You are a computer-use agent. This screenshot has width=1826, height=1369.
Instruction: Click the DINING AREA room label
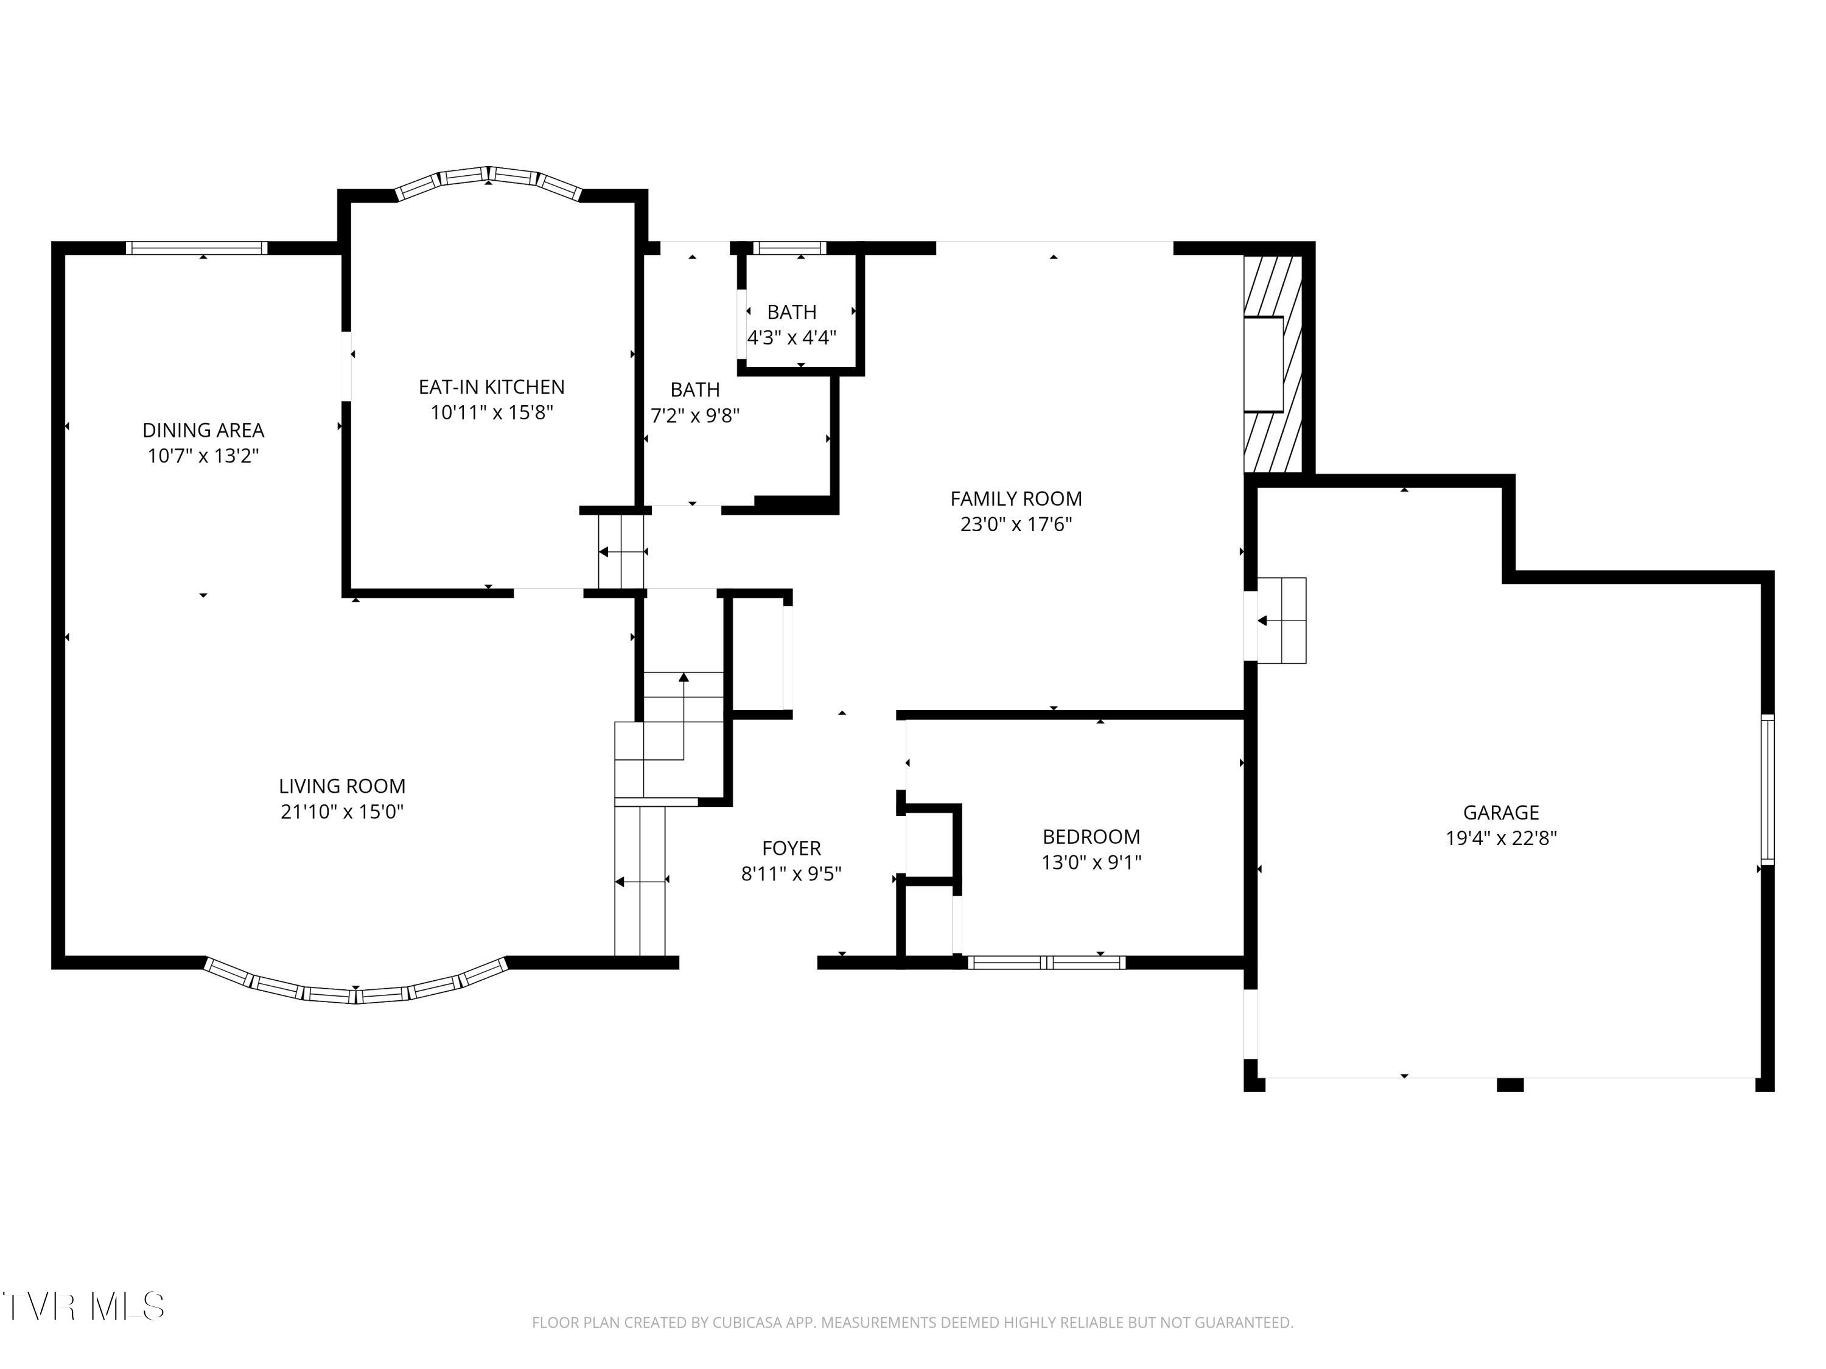[x=203, y=430]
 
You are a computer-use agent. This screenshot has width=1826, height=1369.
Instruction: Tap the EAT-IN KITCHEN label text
[x=491, y=387]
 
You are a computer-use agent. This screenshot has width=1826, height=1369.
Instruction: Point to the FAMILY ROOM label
[x=1015, y=498]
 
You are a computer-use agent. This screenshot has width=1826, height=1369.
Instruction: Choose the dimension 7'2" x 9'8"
[x=694, y=415]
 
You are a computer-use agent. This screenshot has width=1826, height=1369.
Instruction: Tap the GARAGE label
[x=1501, y=813]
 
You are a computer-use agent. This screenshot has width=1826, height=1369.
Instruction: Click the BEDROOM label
[x=1091, y=837]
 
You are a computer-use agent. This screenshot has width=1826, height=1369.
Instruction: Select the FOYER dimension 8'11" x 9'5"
[x=791, y=874]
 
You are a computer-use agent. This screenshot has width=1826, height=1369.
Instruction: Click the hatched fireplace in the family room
[x=1272, y=364]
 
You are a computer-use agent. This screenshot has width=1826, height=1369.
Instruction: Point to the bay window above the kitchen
[x=489, y=181]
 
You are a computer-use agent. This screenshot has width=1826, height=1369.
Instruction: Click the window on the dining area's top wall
[x=197, y=248]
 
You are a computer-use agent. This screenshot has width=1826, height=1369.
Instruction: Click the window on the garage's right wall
[x=1766, y=789]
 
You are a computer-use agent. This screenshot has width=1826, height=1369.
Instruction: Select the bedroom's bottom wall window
[x=1046, y=962]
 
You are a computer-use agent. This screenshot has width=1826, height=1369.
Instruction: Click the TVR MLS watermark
[x=83, y=1306]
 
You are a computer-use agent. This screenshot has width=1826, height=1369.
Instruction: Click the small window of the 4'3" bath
[x=789, y=248]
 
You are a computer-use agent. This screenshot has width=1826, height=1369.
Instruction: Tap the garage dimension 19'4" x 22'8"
[x=1501, y=838]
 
